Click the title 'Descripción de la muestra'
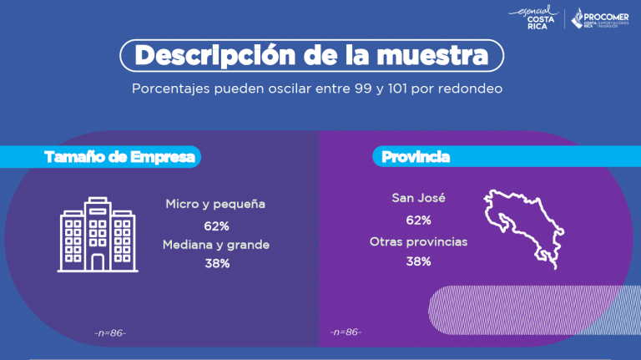point(312,55)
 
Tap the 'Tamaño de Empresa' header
point(122,157)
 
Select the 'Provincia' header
point(416,157)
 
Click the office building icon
point(98,235)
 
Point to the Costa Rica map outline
point(518,227)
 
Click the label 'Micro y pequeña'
point(215,204)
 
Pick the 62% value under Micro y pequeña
point(216,226)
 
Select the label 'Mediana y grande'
point(216,245)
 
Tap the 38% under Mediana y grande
point(216,264)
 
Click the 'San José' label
point(418,199)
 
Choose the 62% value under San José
point(418,221)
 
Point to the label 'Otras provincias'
point(418,241)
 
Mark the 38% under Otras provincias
point(418,261)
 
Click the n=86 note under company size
point(111,333)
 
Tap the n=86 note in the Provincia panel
point(346,332)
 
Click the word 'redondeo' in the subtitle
point(470,88)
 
